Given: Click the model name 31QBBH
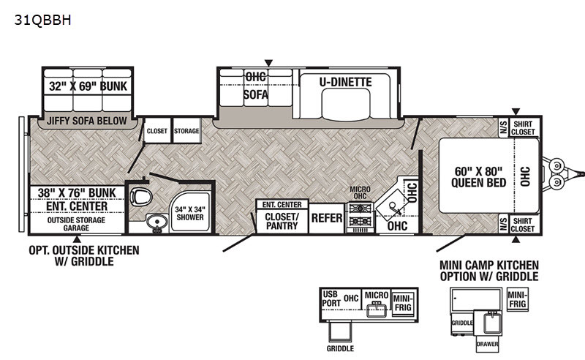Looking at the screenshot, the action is (x=42, y=20).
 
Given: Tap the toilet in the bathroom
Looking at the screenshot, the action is (x=141, y=195).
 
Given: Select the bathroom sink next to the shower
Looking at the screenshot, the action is (x=156, y=222).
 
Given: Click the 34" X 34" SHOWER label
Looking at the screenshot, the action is (x=190, y=213).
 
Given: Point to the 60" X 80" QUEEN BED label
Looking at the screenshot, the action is (x=478, y=176).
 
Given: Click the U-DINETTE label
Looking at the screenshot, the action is (x=345, y=82).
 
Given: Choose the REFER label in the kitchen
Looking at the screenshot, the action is (x=327, y=218).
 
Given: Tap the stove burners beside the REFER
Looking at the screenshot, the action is (x=360, y=215).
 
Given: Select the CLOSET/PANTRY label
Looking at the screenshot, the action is (x=282, y=221).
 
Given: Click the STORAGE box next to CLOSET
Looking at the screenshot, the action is (x=186, y=131).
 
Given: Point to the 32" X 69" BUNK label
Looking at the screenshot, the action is (x=88, y=86).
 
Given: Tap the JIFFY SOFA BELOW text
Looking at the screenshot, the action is (x=86, y=121).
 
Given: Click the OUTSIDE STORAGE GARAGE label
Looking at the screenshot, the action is (x=76, y=224).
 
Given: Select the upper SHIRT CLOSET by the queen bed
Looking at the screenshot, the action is (x=523, y=128).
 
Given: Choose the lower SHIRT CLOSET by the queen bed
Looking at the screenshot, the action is (x=523, y=225).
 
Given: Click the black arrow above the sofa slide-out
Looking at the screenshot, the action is (x=268, y=63).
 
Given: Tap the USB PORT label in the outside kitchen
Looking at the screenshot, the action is (x=331, y=299).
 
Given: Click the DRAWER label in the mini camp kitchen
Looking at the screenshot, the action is (x=487, y=344).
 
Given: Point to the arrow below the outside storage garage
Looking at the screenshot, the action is (x=77, y=239).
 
